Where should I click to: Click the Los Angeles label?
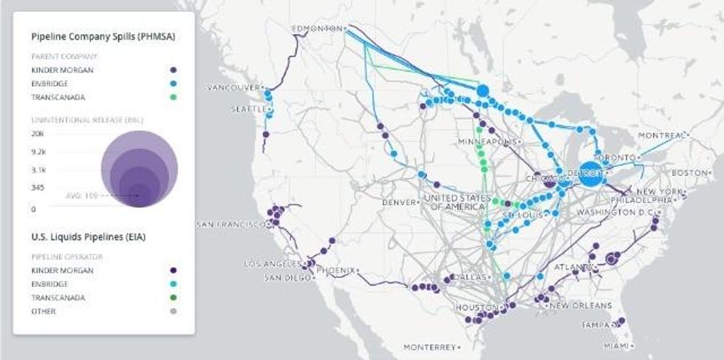point(271,264)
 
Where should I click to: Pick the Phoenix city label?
point(336,270)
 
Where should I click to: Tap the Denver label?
point(400,203)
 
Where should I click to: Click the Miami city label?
point(612,345)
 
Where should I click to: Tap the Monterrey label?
point(429,347)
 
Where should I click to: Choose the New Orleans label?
point(580,305)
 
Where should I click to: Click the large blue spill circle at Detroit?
point(590,174)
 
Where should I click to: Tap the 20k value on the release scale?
point(38,134)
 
